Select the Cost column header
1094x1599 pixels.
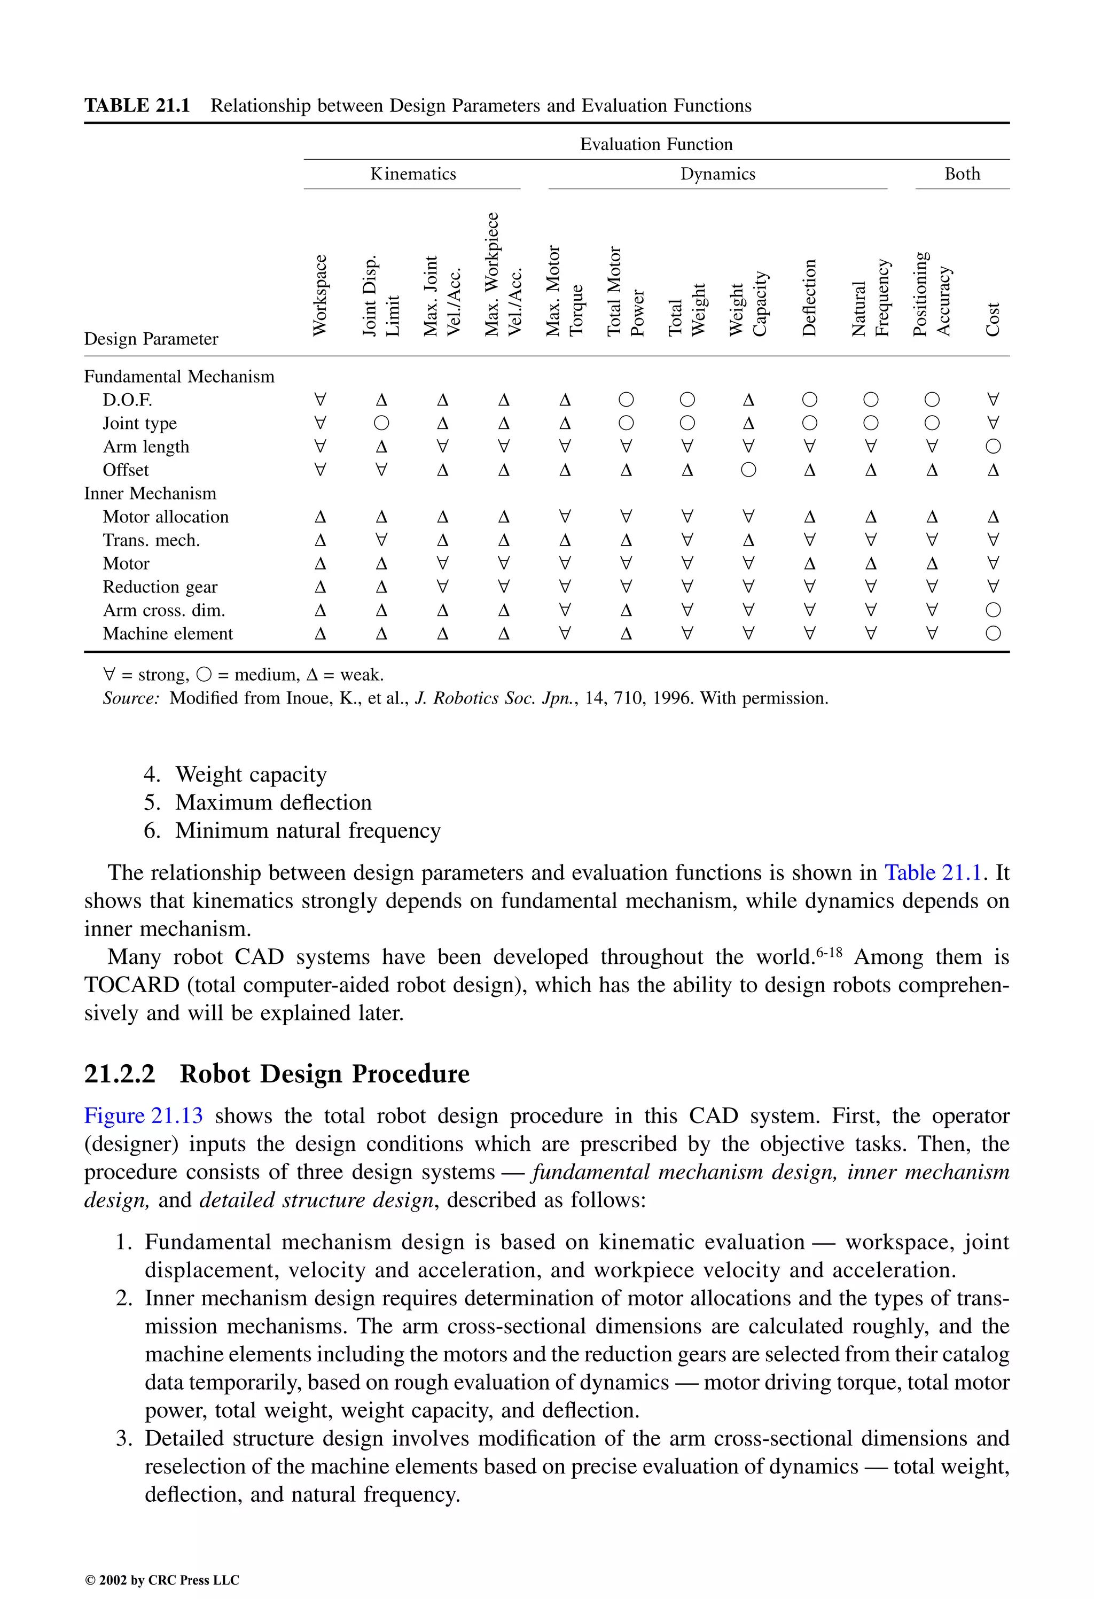tap(992, 319)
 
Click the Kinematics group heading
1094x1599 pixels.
tap(413, 174)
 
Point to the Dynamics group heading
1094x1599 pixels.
tap(717, 174)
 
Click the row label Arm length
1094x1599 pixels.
tap(146, 447)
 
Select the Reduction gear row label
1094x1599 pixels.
tap(160, 587)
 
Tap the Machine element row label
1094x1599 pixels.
tap(168, 634)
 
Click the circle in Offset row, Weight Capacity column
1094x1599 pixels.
tap(748, 470)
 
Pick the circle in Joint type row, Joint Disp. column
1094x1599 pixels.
tap(381, 423)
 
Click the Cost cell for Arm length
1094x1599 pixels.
tap(992, 447)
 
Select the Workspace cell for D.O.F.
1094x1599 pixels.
tap(320, 400)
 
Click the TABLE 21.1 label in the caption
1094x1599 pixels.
tap(137, 106)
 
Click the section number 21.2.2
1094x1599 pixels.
tap(120, 1073)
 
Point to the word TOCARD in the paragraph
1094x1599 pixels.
tap(131, 985)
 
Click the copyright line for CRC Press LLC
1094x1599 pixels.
tap(162, 1580)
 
